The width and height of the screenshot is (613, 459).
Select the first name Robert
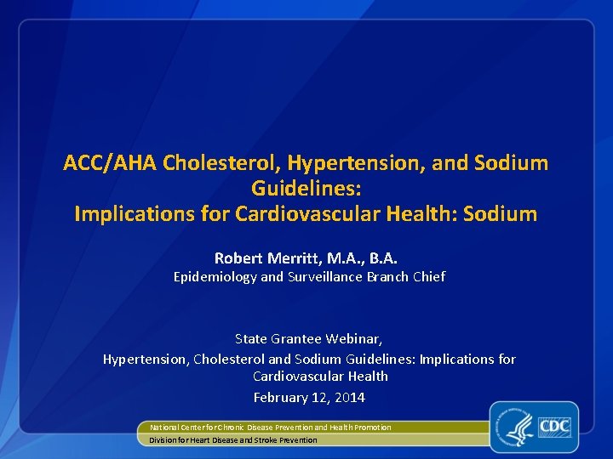click(238, 258)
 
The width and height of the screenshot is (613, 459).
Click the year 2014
click(350, 398)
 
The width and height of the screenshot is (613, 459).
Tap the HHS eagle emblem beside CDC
click(518, 427)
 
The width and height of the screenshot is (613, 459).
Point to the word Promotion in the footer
click(373, 428)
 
